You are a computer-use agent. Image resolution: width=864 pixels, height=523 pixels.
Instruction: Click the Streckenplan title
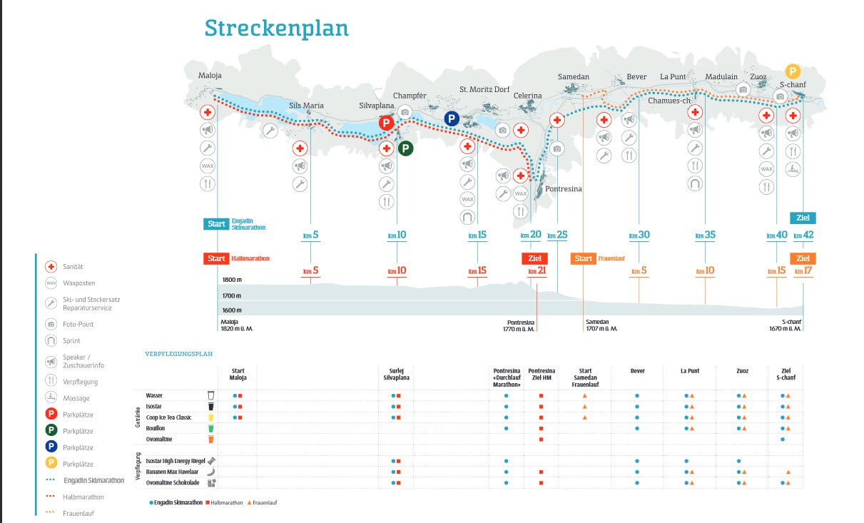click(276, 28)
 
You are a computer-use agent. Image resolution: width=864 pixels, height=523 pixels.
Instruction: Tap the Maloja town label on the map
click(210, 76)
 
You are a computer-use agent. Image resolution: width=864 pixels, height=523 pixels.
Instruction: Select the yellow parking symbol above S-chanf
click(793, 71)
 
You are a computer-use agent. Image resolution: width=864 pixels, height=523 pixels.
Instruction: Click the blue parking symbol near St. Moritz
click(452, 118)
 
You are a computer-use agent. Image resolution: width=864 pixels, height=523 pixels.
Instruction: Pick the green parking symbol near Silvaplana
click(405, 148)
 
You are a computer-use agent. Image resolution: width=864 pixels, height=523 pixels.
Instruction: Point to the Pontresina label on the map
click(564, 189)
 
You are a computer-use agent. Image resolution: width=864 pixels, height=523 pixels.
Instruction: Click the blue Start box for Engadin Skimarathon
click(216, 224)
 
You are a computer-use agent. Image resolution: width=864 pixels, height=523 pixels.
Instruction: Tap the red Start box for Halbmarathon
click(216, 258)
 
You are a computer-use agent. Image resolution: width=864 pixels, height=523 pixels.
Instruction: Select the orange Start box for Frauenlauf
click(584, 258)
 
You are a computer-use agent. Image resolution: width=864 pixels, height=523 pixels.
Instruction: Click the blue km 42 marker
click(803, 235)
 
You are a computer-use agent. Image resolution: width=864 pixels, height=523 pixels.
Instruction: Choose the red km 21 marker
click(537, 271)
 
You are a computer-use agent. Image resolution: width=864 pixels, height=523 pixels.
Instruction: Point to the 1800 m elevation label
click(232, 280)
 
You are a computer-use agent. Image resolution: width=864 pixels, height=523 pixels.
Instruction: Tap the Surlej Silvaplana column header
click(395, 374)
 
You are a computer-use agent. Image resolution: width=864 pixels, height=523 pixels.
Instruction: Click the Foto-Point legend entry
click(78, 324)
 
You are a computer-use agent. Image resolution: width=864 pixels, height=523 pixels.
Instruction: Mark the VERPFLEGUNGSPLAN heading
click(178, 353)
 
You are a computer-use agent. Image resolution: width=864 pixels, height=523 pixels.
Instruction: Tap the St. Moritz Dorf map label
click(484, 90)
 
